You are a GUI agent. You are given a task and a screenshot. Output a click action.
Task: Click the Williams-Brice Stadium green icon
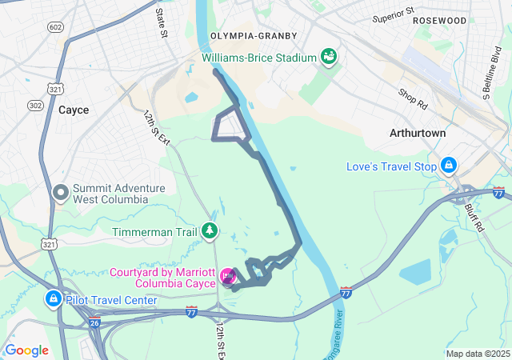coord(328,57)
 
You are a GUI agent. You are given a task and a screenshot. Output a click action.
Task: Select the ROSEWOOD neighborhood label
coord(439,20)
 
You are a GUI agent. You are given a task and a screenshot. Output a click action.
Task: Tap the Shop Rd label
coord(413,98)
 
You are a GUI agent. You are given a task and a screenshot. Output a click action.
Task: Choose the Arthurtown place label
coord(417,132)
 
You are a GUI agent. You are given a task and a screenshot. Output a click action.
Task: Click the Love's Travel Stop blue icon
coord(449,166)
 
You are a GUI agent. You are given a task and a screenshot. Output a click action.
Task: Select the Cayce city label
coord(74,110)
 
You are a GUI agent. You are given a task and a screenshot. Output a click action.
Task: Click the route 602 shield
coord(54,28)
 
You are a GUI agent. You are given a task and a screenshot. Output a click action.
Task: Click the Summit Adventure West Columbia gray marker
coord(61,192)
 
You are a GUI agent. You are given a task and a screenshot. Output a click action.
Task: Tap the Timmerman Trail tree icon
coord(210,231)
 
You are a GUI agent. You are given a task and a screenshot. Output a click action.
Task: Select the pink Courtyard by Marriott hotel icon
coord(228,278)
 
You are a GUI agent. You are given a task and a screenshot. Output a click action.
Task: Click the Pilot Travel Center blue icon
coord(53,299)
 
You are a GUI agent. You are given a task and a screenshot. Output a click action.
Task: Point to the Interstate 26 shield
coord(94,323)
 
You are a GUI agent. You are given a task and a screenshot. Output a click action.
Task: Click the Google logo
coord(27,350)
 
